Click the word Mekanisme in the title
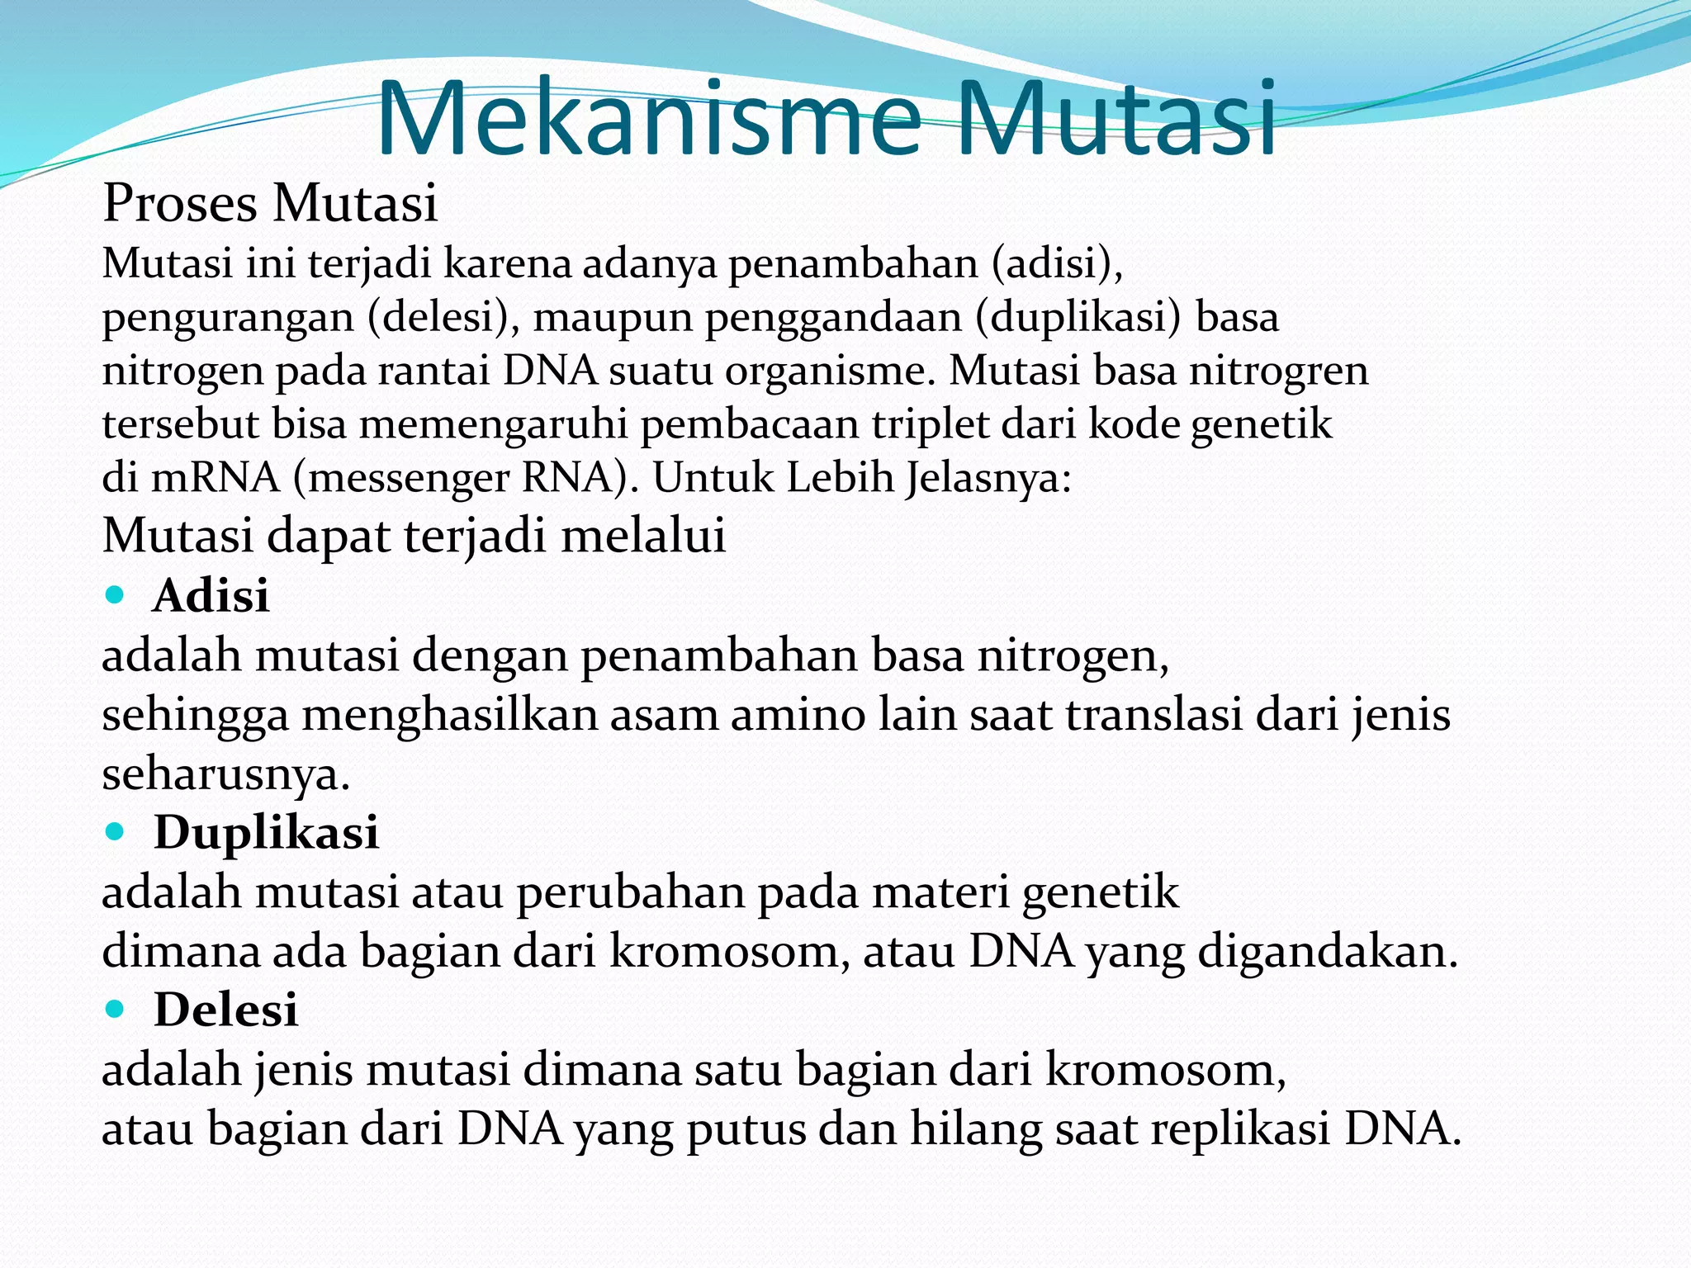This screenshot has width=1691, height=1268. tap(647, 120)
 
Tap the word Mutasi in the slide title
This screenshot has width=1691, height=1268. tap(1116, 120)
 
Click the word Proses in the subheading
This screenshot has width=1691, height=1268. tap(179, 203)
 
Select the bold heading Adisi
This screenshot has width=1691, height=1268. tap(211, 595)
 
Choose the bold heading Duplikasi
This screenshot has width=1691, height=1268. tap(266, 831)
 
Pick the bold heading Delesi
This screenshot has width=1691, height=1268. tap(225, 1009)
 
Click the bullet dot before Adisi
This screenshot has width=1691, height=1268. tap(116, 594)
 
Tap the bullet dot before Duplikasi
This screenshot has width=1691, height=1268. tap(116, 831)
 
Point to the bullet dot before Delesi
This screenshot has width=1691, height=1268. tap(116, 1009)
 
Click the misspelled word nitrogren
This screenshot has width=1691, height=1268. tap(1278, 371)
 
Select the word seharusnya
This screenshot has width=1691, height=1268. tap(225, 774)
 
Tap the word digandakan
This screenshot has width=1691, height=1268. tap(1328, 952)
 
